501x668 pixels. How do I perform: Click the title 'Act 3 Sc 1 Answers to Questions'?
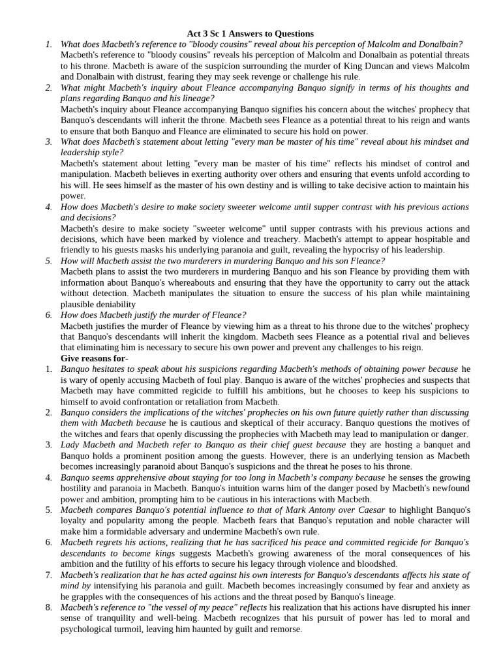(x=250, y=33)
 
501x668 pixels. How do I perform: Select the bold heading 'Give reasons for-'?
(x=95, y=358)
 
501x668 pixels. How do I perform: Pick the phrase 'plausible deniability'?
(x=99, y=304)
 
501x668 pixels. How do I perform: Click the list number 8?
(x=48, y=607)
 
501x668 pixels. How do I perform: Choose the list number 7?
(x=48, y=575)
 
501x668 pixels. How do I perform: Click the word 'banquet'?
(x=402, y=445)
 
